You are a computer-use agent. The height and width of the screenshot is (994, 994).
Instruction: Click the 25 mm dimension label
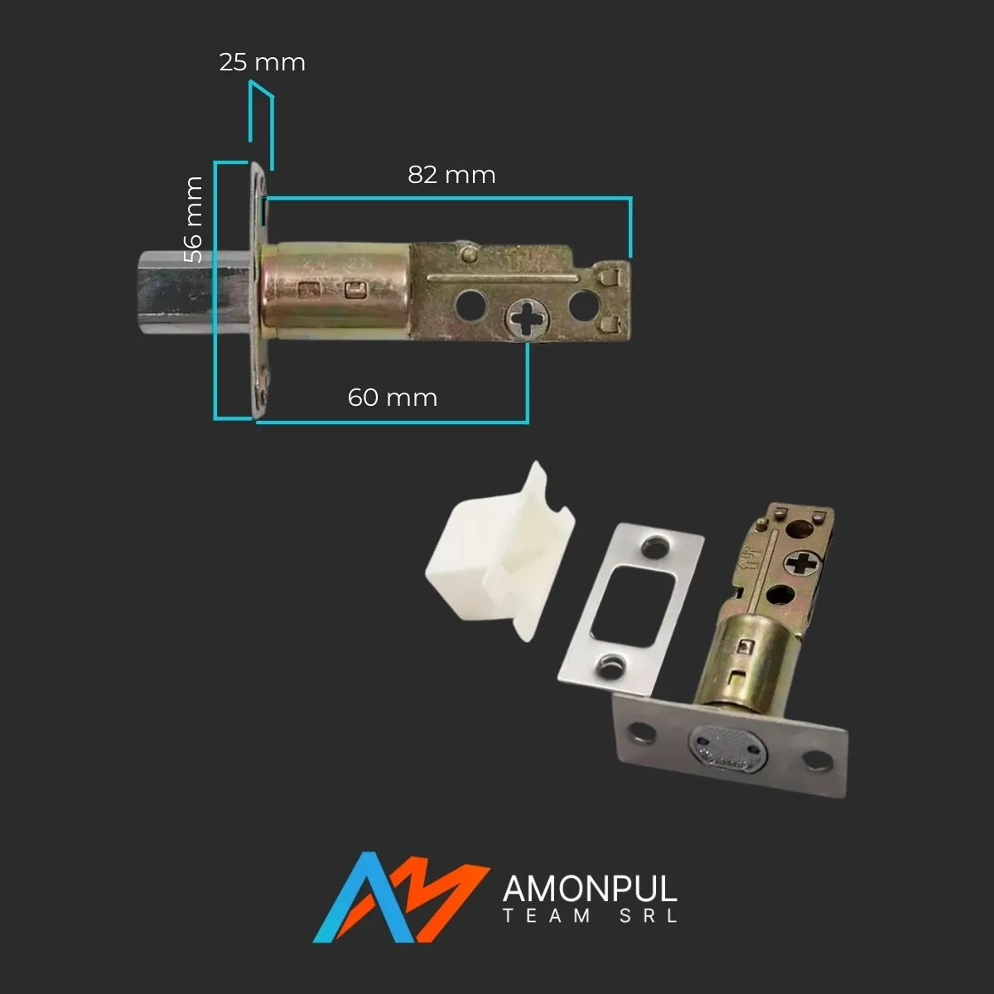coord(262,62)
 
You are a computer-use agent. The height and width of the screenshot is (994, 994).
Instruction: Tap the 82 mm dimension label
coord(451,175)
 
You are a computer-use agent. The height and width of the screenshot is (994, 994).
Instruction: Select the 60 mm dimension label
coord(392,398)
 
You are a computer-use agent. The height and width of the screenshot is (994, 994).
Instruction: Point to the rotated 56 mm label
coord(193,220)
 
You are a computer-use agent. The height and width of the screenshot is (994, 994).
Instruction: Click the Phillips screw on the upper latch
coord(527,319)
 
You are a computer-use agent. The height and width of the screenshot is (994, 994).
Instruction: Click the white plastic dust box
coord(499,552)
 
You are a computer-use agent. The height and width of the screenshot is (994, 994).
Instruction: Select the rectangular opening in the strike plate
coord(633,606)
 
